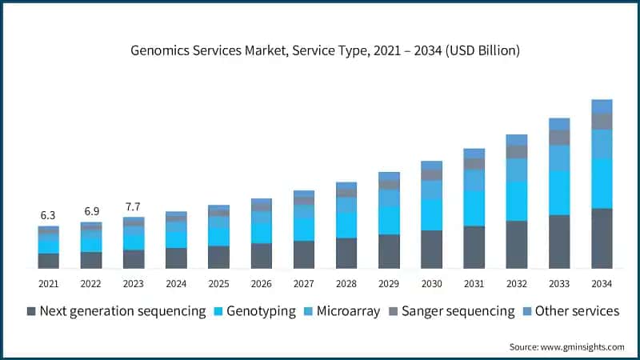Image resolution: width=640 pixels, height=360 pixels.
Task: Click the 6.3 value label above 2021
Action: tap(48, 215)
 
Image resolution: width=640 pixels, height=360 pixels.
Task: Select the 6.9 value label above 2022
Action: tap(91, 211)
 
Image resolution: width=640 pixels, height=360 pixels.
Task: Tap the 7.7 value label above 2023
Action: tap(134, 206)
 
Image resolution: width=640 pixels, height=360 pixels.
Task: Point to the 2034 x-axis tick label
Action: tap(602, 283)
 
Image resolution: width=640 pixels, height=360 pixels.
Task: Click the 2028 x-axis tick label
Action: tap(346, 283)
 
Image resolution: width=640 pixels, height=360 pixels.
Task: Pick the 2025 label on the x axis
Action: tap(218, 283)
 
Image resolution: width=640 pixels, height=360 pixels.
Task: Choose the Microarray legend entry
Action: tap(340, 311)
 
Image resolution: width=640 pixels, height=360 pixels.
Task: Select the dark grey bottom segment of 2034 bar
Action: tap(602, 238)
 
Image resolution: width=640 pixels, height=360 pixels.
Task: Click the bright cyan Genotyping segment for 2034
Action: tap(602, 183)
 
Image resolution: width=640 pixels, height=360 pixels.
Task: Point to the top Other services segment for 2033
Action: tap(559, 124)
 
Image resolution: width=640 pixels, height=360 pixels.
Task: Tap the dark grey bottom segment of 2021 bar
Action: tap(48, 261)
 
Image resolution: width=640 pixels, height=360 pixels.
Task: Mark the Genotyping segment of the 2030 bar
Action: tap(431, 214)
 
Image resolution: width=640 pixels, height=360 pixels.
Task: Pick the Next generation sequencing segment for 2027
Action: tap(304, 254)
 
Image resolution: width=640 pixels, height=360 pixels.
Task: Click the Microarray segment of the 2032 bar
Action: tap(517, 170)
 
